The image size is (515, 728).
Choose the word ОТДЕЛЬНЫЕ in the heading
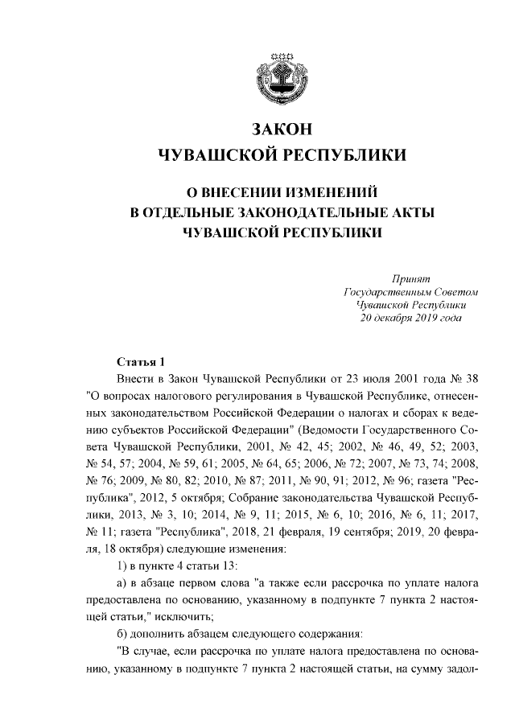(185, 212)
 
